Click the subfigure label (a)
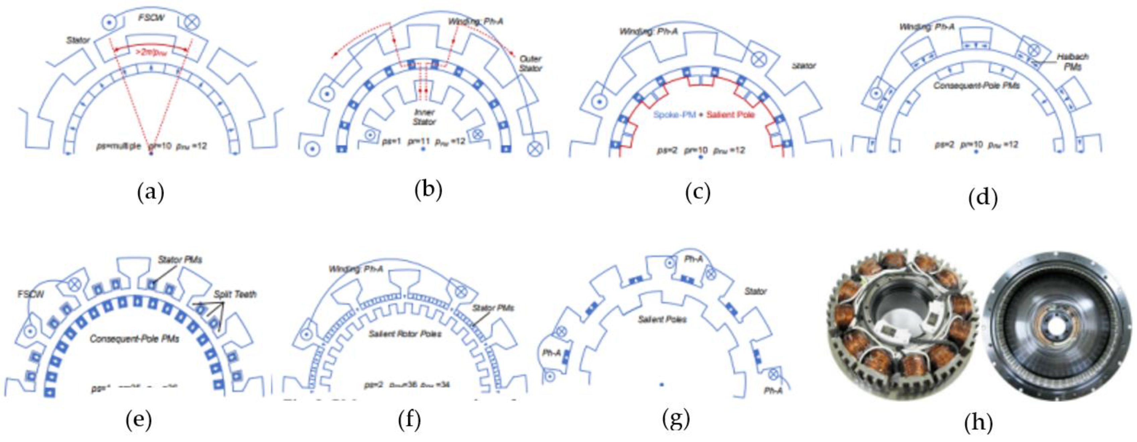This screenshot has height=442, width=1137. (x=150, y=193)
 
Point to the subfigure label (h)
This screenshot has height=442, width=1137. (x=978, y=423)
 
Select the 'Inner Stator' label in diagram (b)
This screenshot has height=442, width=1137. (x=424, y=117)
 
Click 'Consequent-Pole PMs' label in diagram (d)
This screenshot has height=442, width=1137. (x=976, y=85)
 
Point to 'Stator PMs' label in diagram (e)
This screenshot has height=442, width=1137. (x=180, y=260)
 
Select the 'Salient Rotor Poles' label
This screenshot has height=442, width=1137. (x=405, y=334)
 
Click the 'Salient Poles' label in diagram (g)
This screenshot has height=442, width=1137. (x=662, y=318)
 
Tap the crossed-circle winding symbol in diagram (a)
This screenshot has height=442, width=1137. (x=192, y=22)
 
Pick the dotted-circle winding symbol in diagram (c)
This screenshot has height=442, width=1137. (x=599, y=102)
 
